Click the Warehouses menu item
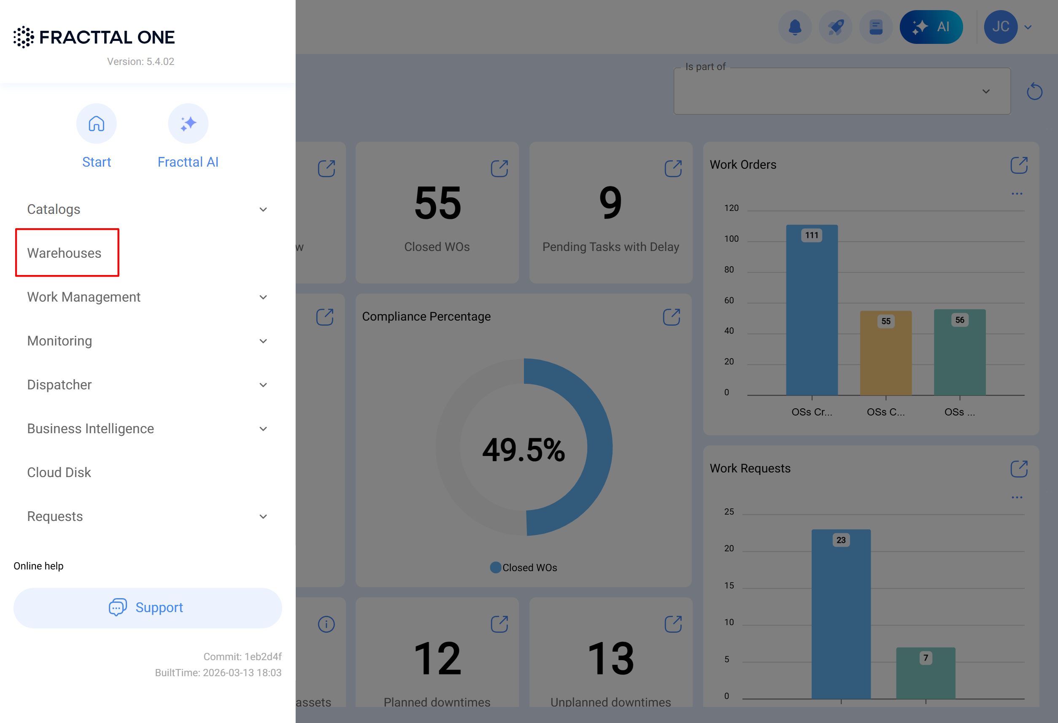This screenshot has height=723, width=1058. [64, 253]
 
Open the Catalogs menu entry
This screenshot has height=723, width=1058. [54, 209]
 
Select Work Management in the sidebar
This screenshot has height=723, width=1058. [84, 297]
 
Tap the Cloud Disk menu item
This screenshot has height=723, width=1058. [59, 472]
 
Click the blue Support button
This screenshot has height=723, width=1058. [148, 608]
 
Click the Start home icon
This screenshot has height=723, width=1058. [97, 124]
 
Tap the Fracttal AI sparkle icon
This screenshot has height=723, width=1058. [188, 124]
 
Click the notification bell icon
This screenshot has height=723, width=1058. [795, 27]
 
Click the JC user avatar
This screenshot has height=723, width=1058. [1000, 27]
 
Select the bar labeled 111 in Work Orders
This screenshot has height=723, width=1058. [812, 314]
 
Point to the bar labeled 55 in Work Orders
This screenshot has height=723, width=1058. [885, 355]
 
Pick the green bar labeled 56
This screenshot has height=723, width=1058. [960, 355]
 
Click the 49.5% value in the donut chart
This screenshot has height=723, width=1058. [524, 450]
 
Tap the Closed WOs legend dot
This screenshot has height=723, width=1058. [495, 568]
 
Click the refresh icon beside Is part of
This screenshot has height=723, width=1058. [1034, 92]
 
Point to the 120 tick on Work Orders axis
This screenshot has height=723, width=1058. [731, 208]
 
